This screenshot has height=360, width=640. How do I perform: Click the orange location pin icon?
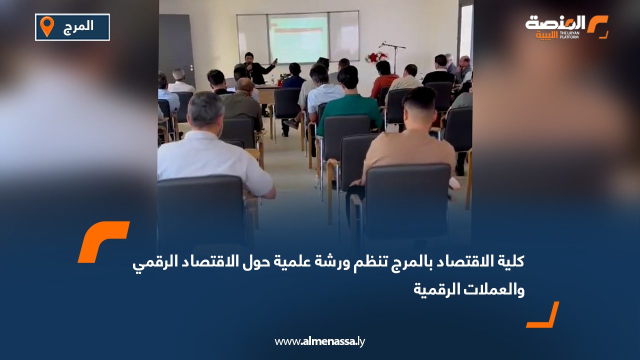(46, 26)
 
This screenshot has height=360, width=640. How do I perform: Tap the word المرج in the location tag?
(79, 26)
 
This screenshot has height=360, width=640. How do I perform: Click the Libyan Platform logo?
(566, 27)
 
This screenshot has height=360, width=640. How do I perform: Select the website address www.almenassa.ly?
(320, 341)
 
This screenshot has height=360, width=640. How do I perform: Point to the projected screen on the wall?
(298, 37)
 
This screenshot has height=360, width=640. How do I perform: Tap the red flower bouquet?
(376, 57)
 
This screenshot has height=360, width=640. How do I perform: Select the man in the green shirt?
(349, 100)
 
